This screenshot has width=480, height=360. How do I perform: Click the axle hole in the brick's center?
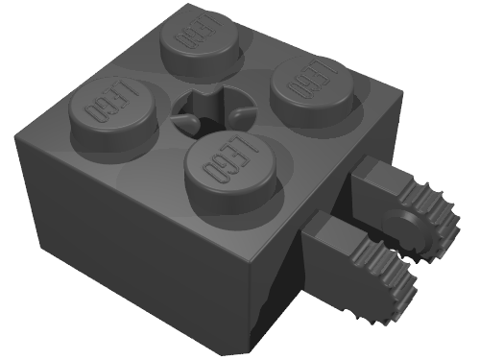(x=211, y=109)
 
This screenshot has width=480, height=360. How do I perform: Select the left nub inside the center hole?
(x=186, y=121)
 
